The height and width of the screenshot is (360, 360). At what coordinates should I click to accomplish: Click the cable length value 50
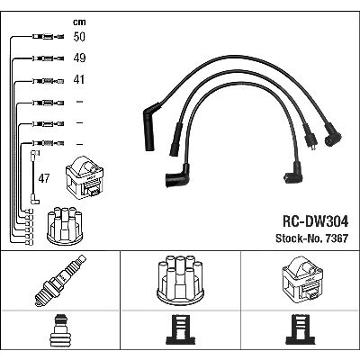pyautogui.click(x=79, y=37)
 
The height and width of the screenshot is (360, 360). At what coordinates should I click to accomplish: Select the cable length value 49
pyautogui.click(x=79, y=58)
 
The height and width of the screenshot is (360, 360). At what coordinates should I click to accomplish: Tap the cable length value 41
pyautogui.click(x=79, y=79)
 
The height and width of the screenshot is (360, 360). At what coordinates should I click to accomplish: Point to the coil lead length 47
pyautogui.click(x=44, y=178)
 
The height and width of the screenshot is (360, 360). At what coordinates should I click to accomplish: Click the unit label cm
pyautogui.click(x=79, y=22)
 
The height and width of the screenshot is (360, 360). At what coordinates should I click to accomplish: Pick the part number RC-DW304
pyautogui.click(x=315, y=222)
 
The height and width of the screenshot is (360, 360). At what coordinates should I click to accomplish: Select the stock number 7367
pyautogui.click(x=335, y=238)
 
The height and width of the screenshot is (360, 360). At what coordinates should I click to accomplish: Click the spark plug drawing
pyautogui.click(x=60, y=281)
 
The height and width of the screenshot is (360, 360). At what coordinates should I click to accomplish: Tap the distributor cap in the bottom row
pyautogui.click(x=181, y=280)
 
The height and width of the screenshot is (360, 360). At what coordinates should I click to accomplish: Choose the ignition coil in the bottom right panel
pyautogui.click(x=302, y=281)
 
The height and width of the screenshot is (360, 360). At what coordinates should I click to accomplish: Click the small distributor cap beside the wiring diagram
pyautogui.click(x=65, y=226)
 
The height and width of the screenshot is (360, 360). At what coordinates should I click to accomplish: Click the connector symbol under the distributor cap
pyautogui.click(x=181, y=329)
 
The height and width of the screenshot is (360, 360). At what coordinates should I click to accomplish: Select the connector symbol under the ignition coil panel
pyautogui.click(x=300, y=329)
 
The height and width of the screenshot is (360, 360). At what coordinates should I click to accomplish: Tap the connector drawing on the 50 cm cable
pyautogui.click(x=48, y=37)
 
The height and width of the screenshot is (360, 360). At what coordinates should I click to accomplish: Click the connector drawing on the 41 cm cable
pyautogui.click(x=48, y=81)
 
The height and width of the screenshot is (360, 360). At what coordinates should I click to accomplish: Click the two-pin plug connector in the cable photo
pyautogui.click(x=310, y=139)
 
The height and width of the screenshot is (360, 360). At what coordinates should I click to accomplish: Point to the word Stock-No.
pyautogui.click(x=298, y=238)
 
